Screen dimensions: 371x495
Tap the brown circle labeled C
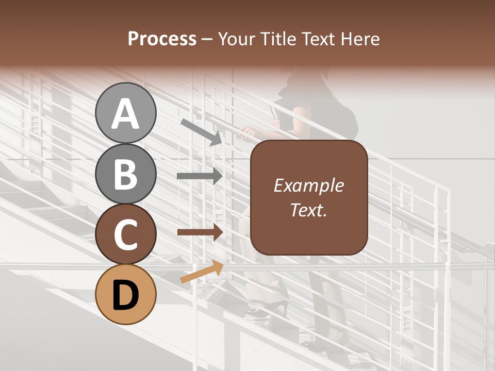pos(126,234)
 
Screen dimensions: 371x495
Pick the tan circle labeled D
pos(126,294)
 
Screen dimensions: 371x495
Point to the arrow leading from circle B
pos(200,176)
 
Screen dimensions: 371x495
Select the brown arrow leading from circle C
pos(200,232)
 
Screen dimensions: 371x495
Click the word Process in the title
pos(162,39)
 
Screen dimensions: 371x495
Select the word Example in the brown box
pos(308,185)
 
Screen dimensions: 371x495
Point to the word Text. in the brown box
pos(308,210)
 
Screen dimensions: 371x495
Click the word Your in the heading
pos(237,39)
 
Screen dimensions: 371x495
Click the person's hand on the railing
pos(247,133)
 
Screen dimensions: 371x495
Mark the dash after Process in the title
pos(207,40)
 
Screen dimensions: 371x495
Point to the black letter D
pos(126,295)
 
